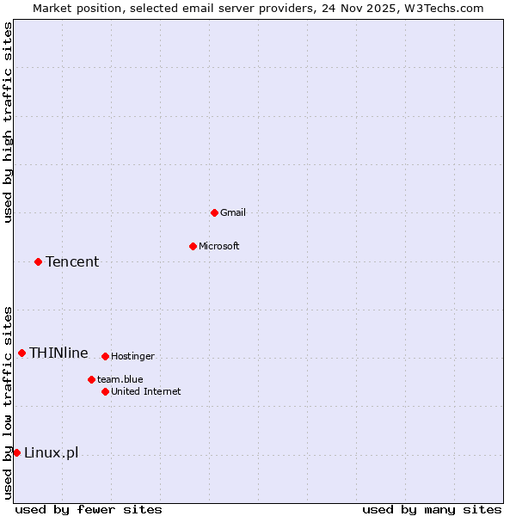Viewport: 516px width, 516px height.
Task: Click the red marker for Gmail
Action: pyautogui.click(x=214, y=212)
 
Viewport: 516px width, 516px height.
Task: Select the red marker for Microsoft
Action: pyautogui.click(x=193, y=246)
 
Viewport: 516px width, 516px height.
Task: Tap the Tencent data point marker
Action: pyautogui.click(x=38, y=261)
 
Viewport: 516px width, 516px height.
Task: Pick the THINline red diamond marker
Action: pyautogui.click(x=21, y=353)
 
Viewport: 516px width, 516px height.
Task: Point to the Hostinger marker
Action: pyautogui.click(x=105, y=356)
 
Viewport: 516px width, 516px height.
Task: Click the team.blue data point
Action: pyautogui.click(x=91, y=379)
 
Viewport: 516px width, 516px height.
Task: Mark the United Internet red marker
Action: pyautogui.click(x=105, y=391)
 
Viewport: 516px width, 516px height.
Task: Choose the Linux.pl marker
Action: pyautogui.click(x=16, y=452)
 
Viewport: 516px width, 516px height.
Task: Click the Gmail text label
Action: pyautogui.click(x=233, y=212)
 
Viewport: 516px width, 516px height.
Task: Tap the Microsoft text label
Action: pyautogui.click(x=219, y=246)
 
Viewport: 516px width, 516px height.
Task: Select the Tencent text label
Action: pyautogui.click(x=72, y=261)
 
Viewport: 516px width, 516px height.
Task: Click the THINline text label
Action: pyautogui.click(x=58, y=353)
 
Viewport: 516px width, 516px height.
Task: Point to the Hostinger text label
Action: pyautogui.click(x=133, y=356)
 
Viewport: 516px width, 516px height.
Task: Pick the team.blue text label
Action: pyautogui.click(x=120, y=379)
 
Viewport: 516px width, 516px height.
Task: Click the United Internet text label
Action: pyautogui.click(x=146, y=391)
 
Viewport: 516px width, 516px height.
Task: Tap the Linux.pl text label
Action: pyautogui.click(x=51, y=452)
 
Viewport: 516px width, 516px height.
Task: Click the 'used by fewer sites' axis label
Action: pyautogui.click(x=89, y=509)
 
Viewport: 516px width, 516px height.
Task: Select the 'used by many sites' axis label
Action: pyautogui.click(x=432, y=509)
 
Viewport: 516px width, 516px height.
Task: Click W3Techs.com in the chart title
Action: pyautogui.click(x=445, y=8)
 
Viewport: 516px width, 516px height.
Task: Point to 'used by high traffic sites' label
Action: pyautogui.click(x=8, y=122)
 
